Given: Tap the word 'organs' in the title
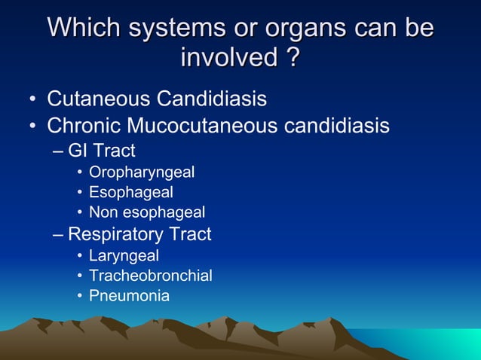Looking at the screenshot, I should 304,28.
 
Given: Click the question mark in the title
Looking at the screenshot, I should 290,57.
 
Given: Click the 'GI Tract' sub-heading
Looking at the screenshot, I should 102,150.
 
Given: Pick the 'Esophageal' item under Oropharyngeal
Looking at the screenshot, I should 131,193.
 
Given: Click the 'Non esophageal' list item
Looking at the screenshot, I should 147,213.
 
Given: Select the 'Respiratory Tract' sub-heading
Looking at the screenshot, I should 139,234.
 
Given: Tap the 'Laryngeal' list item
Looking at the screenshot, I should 124,256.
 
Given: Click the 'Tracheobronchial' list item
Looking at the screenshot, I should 150,276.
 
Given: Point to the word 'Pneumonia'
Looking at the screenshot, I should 129,296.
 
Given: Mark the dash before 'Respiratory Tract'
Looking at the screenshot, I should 60,234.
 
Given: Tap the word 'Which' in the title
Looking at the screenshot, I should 82,28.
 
